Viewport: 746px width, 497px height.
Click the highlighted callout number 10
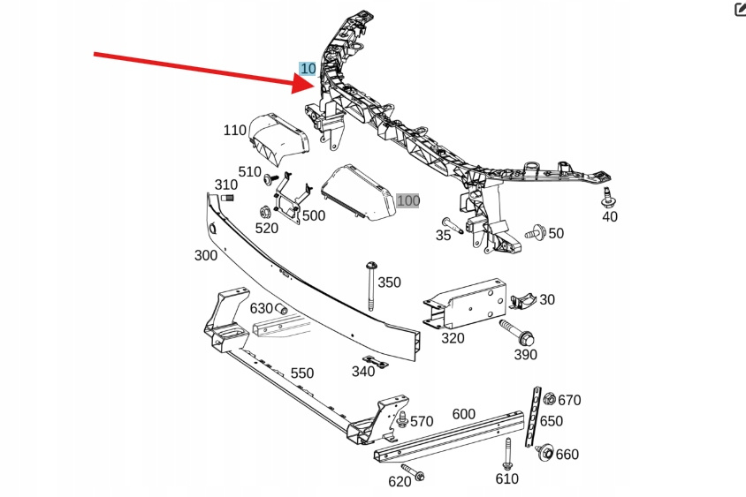(x=308, y=69)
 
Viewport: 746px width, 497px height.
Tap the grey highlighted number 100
(x=407, y=201)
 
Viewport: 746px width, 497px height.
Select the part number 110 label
(x=234, y=131)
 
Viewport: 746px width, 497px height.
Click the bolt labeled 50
(x=533, y=235)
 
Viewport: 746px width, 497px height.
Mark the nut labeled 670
(x=549, y=398)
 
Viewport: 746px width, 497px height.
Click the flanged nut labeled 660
(x=544, y=452)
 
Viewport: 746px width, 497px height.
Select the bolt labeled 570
(x=401, y=420)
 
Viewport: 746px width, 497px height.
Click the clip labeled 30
(x=522, y=301)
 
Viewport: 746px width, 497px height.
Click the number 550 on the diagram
(x=302, y=373)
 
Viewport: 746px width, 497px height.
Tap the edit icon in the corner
(x=739, y=10)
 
